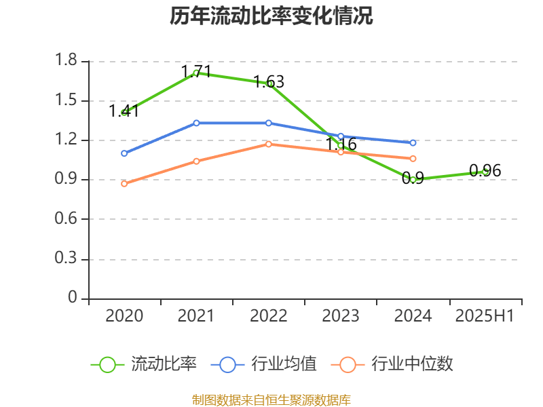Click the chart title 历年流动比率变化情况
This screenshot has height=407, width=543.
[x=271, y=16]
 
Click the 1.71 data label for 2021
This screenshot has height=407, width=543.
[x=196, y=71]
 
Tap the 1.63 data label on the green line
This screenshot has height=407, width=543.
[x=269, y=82]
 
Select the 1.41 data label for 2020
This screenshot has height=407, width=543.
[x=124, y=111]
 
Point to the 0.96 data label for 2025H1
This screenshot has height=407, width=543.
[x=485, y=171]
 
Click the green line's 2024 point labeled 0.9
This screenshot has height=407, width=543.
[x=413, y=180]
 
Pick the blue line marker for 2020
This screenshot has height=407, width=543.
[x=124, y=153]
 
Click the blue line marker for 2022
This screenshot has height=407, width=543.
[x=269, y=123]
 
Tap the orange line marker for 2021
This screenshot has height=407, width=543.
[x=196, y=161]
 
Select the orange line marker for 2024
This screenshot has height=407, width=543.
[x=413, y=159]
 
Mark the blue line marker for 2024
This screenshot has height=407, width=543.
[x=413, y=142]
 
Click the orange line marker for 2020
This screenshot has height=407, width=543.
[x=124, y=184]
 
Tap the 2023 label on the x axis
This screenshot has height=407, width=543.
[x=341, y=316]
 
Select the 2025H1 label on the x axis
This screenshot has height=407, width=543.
[x=485, y=316]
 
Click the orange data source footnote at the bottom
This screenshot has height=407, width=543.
[x=271, y=400]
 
